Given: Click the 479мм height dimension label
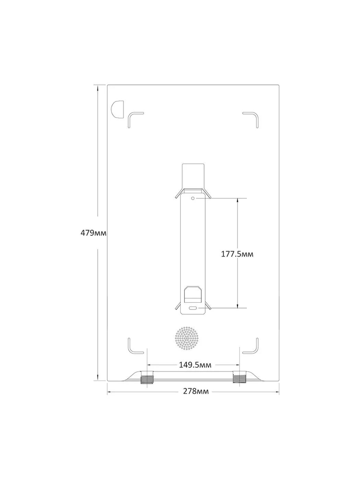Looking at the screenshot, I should tap(93, 233).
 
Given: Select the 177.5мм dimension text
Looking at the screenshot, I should tap(237, 254).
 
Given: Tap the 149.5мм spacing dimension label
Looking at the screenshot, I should tap(195, 365).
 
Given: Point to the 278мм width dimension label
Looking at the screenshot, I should tap(196, 391).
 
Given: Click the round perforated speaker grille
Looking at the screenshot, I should tap(187, 339).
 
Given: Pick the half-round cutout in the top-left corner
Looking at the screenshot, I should tap(117, 109).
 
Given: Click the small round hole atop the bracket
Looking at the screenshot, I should tap(193, 198).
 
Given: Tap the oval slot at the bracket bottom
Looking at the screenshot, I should tap(193, 308).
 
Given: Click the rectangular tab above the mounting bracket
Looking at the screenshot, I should tap(193, 176).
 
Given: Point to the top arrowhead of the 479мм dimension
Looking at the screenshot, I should tap(98, 88).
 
